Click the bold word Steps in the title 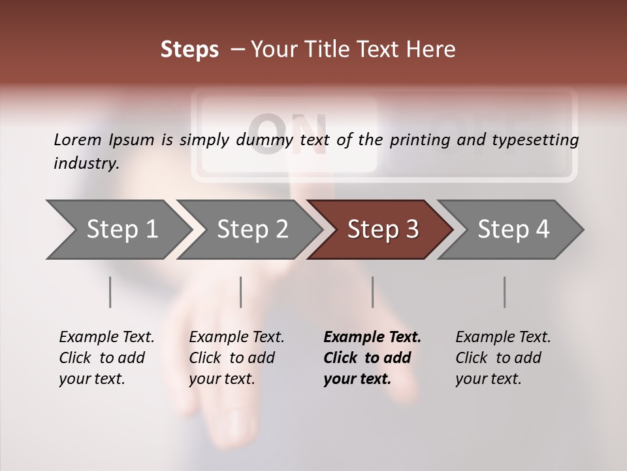(x=189, y=50)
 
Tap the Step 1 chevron (x=118, y=230)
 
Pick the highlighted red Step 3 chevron (x=383, y=230)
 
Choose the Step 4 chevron (x=513, y=230)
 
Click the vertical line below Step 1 (x=110, y=292)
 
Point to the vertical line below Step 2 (x=241, y=292)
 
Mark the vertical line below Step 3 (x=372, y=292)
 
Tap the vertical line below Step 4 (x=504, y=292)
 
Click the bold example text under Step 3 (x=372, y=358)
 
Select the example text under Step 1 (x=106, y=358)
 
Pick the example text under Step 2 (x=236, y=358)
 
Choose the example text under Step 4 (x=503, y=358)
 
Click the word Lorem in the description (x=78, y=139)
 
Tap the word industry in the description (x=86, y=164)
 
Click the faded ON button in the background (x=289, y=134)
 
